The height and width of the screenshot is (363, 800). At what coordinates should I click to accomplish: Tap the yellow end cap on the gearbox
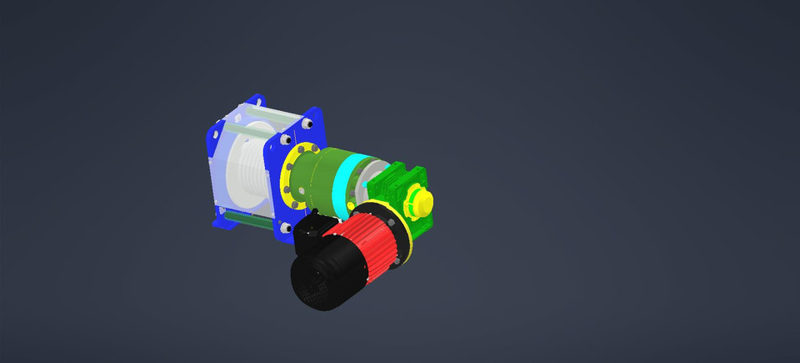point(421,203)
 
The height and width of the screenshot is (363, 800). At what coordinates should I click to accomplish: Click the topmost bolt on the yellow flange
point(308,148)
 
